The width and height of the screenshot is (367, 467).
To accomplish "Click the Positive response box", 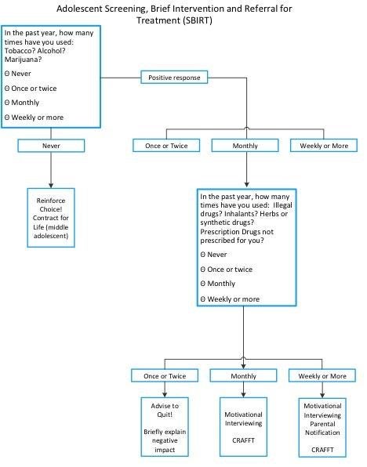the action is pos(174,78).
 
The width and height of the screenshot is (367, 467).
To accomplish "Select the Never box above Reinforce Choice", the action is pos(51,146).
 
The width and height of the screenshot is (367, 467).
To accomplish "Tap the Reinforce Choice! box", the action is pos(51,218).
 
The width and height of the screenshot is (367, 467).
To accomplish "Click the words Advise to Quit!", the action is pos(165,410).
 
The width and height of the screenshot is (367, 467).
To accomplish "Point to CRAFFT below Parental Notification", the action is pos(322,450).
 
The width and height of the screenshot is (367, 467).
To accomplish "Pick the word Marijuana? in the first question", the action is pos(23,60).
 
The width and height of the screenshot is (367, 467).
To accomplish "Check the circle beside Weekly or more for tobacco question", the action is pos(7,118).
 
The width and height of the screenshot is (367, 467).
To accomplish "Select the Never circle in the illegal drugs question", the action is pos(203,255).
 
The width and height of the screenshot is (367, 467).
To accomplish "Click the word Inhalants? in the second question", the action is pos(241,214).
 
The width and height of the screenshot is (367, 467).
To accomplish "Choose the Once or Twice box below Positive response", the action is pos(166,146).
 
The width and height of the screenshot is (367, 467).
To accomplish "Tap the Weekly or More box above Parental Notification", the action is pos(322,376).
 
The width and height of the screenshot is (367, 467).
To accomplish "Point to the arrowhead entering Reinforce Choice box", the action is pos(51,185).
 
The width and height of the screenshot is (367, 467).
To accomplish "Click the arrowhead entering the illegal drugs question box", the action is pos(246,185).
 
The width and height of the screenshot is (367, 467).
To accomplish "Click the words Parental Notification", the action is pos(322,428).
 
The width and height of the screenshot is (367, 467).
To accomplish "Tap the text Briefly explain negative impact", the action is pos(165,440).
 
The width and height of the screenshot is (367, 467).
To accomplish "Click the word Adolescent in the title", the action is pos(79,9).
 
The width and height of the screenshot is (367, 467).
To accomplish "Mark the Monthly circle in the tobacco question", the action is pos(7,103).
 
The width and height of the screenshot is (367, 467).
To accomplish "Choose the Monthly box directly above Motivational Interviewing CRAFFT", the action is pos(243,376).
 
